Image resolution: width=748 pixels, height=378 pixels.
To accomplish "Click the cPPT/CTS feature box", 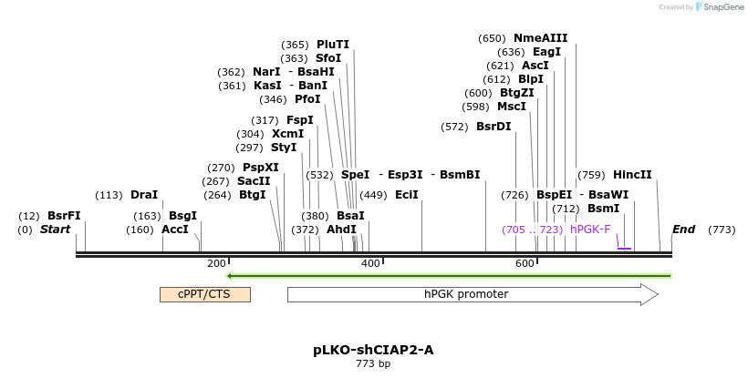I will [x=204, y=294].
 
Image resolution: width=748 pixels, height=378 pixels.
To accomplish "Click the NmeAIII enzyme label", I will [x=540, y=38].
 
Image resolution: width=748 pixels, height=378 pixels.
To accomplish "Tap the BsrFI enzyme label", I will [x=64, y=216].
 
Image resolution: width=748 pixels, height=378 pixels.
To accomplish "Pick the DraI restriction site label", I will [x=144, y=195].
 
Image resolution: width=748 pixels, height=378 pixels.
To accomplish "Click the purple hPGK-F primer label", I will [x=590, y=230].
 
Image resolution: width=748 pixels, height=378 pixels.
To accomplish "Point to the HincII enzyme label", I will [x=632, y=175].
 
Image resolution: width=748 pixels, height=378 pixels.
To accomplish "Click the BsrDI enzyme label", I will [x=493, y=127].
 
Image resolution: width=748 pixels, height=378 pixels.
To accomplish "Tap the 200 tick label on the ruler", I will [x=216, y=263].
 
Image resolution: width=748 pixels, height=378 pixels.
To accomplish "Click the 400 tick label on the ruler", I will [x=370, y=263].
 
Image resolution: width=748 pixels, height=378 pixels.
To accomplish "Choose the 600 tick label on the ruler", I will [x=525, y=263].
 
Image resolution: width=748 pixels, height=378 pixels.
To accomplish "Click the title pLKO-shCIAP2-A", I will [x=372, y=349].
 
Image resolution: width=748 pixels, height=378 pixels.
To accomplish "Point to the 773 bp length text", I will [x=373, y=363].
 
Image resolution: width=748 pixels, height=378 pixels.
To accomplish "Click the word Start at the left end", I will [x=55, y=230].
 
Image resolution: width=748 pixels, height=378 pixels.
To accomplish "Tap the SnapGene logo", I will [x=721, y=7].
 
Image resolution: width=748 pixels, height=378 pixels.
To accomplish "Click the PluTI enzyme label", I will [x=333, y=45].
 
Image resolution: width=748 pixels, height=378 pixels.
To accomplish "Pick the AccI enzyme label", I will [x=175, y=230].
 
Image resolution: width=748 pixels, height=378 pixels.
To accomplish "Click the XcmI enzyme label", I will [x=287, y=134].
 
